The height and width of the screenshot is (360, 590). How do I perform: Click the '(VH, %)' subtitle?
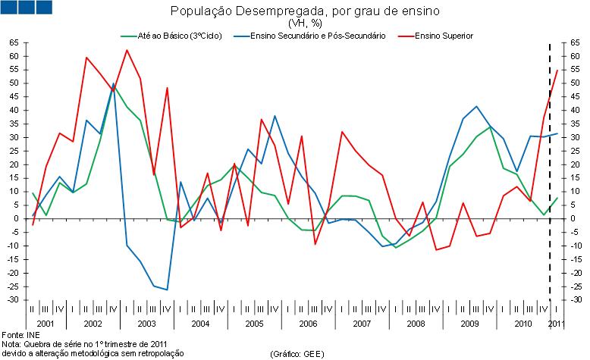click(294, 23)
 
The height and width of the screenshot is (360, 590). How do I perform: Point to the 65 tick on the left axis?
click(14, 43)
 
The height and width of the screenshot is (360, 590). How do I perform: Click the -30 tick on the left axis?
click(13, 300)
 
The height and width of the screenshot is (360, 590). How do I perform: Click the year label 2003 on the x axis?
click(146, 324)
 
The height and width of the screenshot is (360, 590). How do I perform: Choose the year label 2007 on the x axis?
click(362, 324)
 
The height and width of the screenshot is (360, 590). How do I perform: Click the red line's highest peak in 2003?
click(127, 50)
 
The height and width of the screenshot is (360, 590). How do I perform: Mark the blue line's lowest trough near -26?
click(167, 290)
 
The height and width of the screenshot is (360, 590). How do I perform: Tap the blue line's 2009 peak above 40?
click(476, 107)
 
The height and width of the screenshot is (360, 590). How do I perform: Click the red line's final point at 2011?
click(557, 70)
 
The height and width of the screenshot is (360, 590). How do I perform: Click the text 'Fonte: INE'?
click(17, 334)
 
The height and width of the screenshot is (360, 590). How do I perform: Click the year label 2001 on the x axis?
click(45, 324)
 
